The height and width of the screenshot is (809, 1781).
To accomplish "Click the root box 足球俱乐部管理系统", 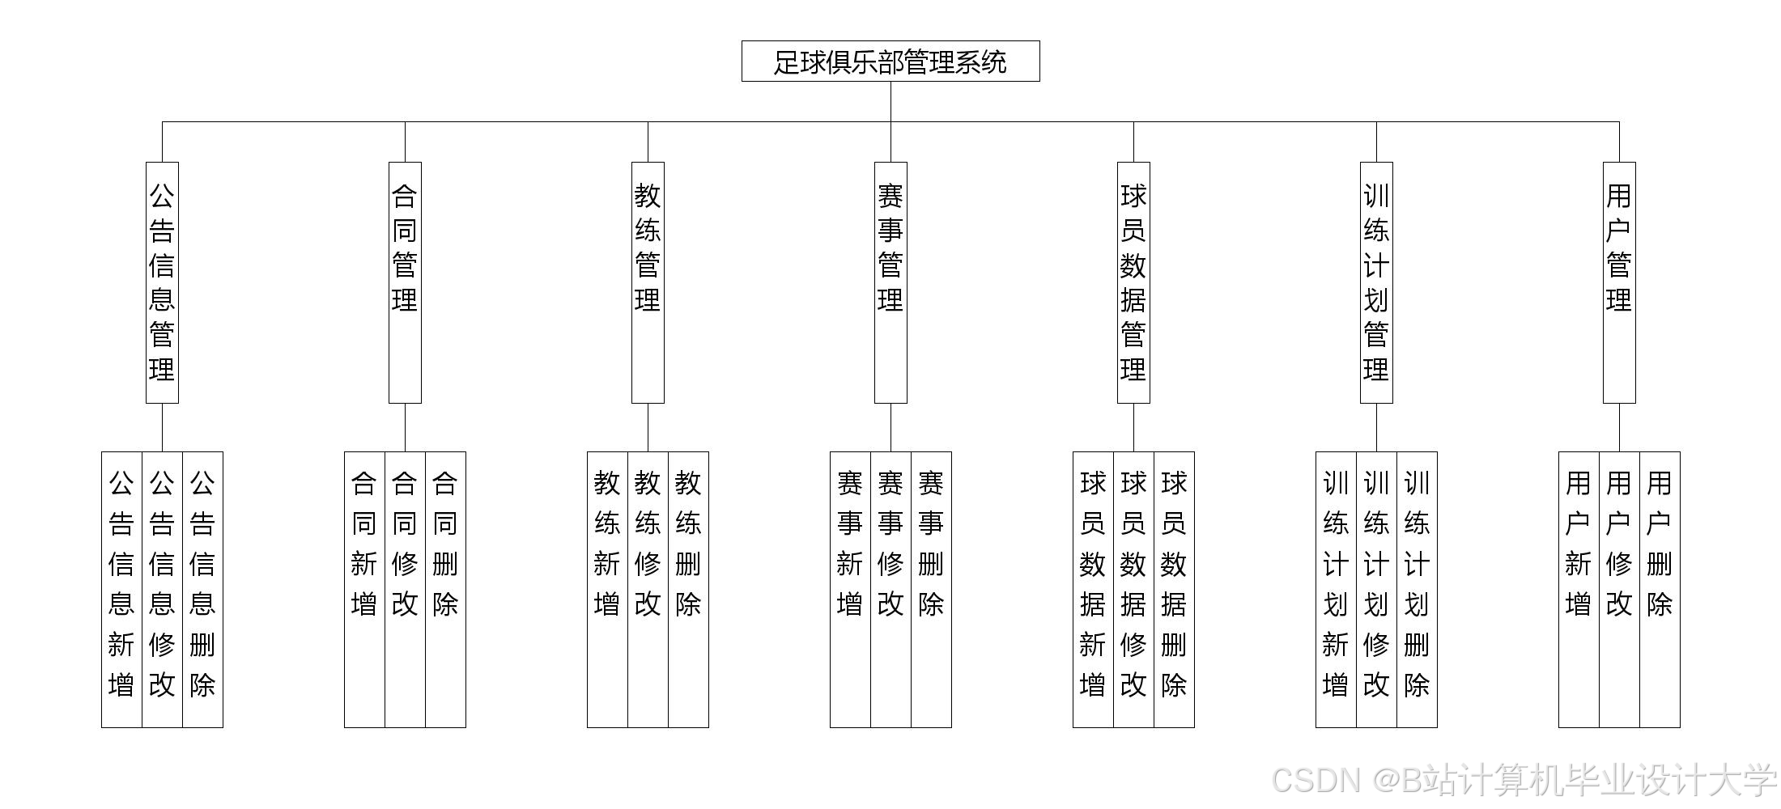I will pos(890,61).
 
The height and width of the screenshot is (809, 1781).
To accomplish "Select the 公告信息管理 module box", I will pos(162,282).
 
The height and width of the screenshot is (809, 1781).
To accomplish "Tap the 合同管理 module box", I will pos(405,282).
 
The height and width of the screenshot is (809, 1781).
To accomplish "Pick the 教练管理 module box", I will pos(648,282).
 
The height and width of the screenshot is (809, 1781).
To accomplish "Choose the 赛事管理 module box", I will pos(890,282).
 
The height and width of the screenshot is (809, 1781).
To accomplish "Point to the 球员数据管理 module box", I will pos(1133,282).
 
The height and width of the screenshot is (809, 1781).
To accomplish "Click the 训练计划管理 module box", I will pos(1376,282).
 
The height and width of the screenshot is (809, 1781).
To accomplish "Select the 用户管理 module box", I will pos(1619,282).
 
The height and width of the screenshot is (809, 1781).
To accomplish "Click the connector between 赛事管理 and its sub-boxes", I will pos(890,427).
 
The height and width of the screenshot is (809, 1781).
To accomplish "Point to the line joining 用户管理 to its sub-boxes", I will pos(1619,427).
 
